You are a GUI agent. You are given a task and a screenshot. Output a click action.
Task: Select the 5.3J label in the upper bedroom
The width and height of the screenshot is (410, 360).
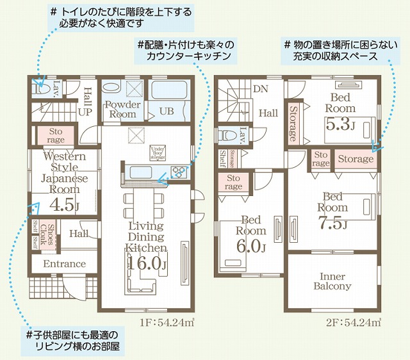[340, 124]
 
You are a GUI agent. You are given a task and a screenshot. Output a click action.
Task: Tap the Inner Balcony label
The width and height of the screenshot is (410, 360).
[332, 281]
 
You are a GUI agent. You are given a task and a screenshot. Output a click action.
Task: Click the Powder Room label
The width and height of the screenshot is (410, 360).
[122, 110]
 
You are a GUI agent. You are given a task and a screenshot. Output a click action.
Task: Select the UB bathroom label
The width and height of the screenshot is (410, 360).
[167, 111]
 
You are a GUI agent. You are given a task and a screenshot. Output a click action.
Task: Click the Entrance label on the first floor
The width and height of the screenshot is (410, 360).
[64, 264]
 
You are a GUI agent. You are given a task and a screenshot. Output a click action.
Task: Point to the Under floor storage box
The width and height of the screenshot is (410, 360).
[158, 152]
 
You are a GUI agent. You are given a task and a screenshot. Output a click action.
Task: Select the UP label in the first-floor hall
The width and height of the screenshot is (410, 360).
[85, 111]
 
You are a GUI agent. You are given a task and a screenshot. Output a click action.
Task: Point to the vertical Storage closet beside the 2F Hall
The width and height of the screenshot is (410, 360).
[293, 124]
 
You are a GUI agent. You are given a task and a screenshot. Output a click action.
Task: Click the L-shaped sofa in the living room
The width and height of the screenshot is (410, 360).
[142, 280]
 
